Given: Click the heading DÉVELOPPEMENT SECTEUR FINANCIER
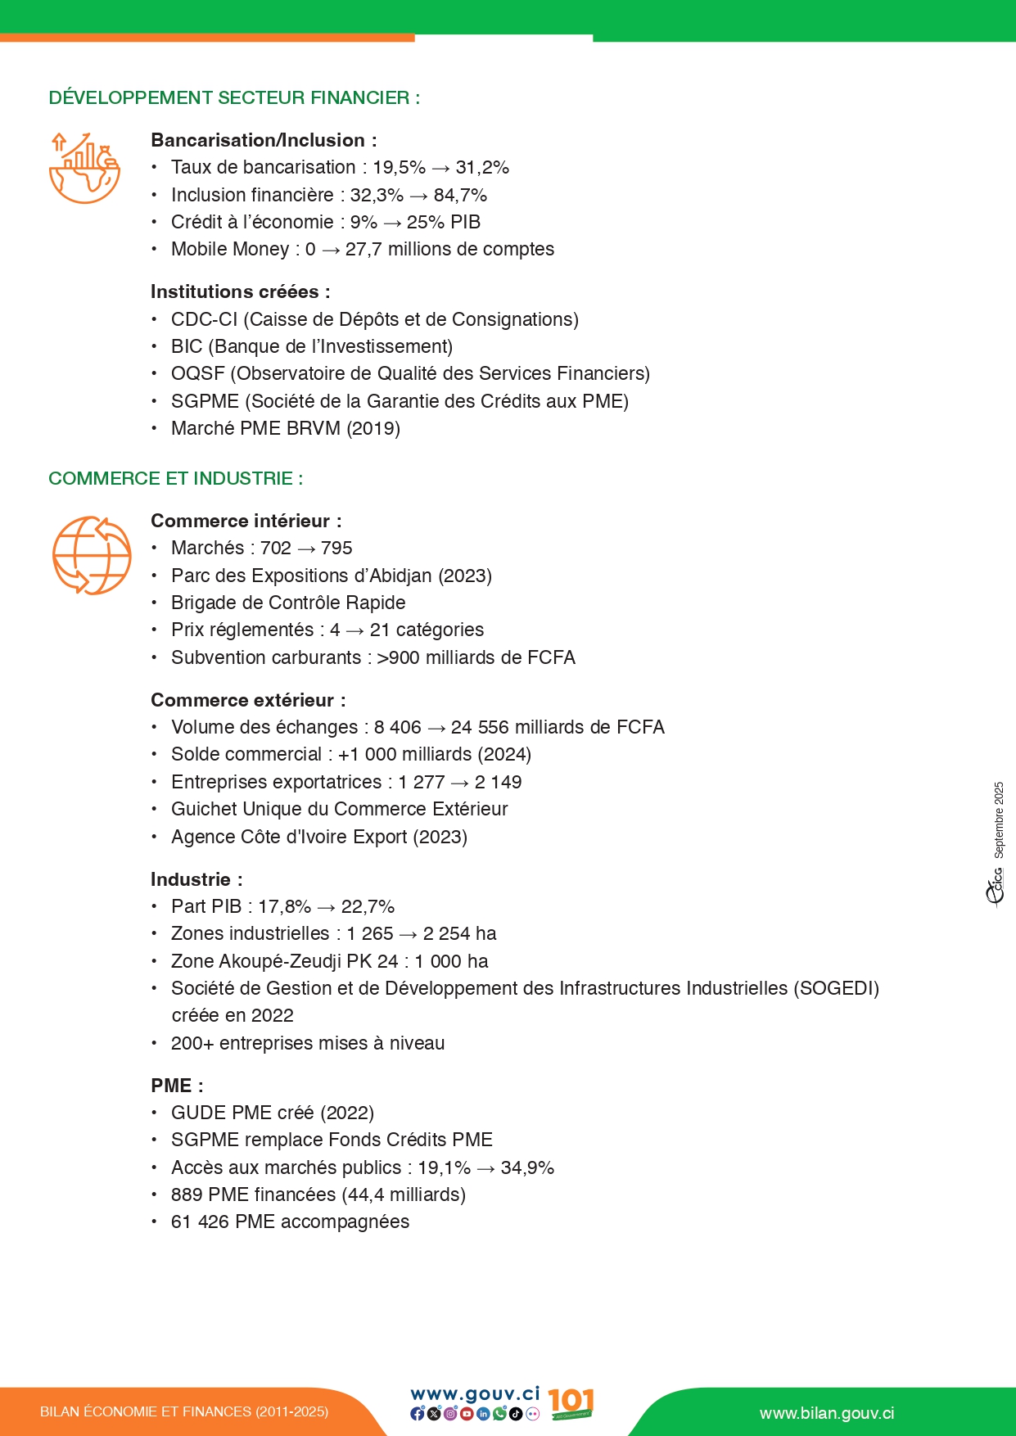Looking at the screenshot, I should tap(234, 98).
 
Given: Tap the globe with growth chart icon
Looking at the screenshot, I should tap(84, 168).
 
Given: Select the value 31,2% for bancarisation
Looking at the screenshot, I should tap(482, 168).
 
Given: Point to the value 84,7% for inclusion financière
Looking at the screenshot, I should tap(460, 196).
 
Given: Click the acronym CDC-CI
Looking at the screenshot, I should tap(204, 319).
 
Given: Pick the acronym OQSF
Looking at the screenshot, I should tap(197, 374).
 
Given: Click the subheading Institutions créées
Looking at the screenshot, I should tap(240, 292).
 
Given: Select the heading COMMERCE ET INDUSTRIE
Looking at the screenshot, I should tap(175, 479).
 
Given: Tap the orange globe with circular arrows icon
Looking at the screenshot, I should tap(92, 555).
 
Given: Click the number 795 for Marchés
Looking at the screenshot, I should tap(336, 549).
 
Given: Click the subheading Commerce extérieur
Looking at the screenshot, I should tap(248, 701).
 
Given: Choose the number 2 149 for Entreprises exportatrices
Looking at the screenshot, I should tap(498, 783).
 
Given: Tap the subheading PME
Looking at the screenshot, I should tap(177, 1086).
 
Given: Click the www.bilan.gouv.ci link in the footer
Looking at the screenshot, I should tap(826, 1414).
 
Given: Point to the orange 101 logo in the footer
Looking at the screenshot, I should tap(571, 1403).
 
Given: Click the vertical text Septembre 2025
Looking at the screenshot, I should tap(999, 820).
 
